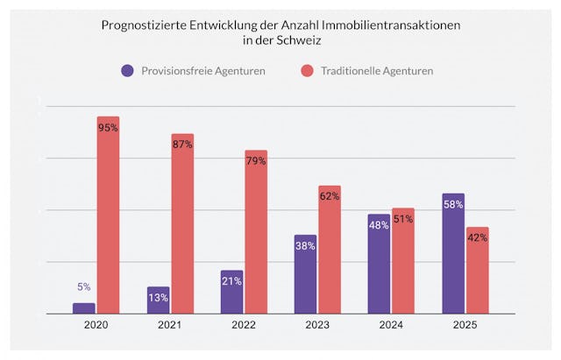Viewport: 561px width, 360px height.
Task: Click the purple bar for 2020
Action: tap(84, 308)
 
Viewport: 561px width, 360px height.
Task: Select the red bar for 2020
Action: tap(109, 215)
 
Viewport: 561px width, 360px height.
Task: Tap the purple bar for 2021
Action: tap(158, 300)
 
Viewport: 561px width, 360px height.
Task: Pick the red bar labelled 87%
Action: tap(182, 223)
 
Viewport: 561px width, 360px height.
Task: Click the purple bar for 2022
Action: tap(231, 292)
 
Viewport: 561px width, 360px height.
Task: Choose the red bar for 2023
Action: tap(330, 249)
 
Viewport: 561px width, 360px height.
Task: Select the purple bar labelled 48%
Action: tap(379, 264)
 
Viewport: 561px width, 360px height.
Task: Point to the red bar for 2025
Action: tap(477, 270)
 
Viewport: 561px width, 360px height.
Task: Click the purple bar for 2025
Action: tap(453, 253)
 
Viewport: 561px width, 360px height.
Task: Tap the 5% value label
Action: tap(83, 287)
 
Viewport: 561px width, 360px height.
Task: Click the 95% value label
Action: tap(109, 128)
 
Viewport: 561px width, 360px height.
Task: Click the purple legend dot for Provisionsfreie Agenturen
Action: tap(128, 70)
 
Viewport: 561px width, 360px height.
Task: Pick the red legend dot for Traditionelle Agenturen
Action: tap(307, 70)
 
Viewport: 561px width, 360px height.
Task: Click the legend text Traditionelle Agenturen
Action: tap(376, 70)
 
